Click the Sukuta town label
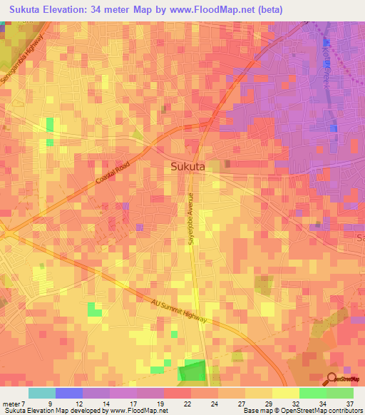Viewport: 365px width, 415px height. pyautogui.click(x=188, y=166)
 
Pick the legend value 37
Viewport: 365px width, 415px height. pyautogui.click(x=349, y=403)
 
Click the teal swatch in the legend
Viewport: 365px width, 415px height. pyautogui.click(x=42, y=393)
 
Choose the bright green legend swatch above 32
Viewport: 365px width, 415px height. pyautogui.click(x=312, y=393)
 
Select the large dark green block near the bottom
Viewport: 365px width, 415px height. pyautogui.click(x=190, y=371)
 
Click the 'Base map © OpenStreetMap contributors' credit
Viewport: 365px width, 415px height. pyautogui.click(x=302, y=411)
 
